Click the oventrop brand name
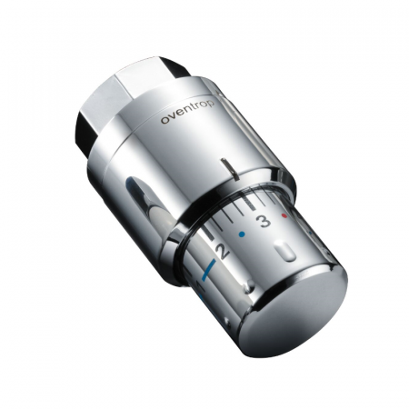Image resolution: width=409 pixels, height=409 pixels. pyautogui.click(x=187, y=112)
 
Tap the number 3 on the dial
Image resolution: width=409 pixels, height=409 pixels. pyautogui.click(x=264, y=221)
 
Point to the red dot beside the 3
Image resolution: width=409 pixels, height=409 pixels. pyautogui.click(x=284, y=215)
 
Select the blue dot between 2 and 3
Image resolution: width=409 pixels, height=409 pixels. pyautogui.click(x=242, y=234)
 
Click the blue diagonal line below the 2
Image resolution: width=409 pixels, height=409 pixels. pyautogui.click(x=209, y=269)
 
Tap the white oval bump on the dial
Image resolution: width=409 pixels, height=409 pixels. pyautogui.click(x=285, y=250)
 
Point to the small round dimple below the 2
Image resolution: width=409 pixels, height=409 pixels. pyautogui.click(x=250, y=285)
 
